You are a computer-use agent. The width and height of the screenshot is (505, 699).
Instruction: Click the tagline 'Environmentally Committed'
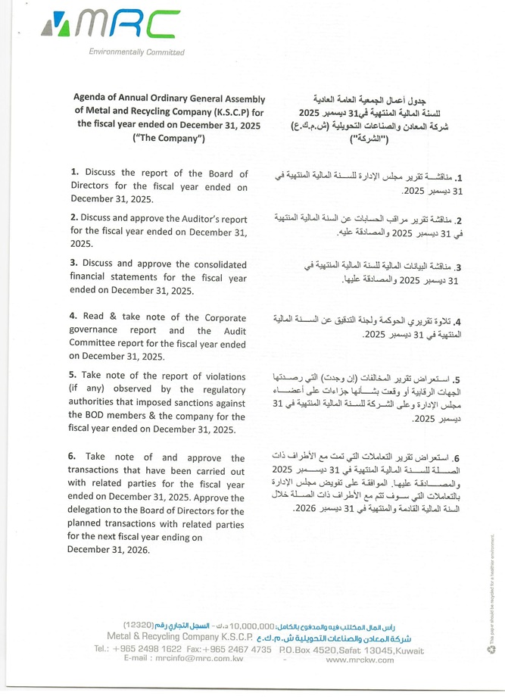(x=136, y=52)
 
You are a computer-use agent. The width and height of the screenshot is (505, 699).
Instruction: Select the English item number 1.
(x=74, y=173)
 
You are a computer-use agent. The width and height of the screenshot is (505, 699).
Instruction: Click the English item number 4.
(x=74, y=316)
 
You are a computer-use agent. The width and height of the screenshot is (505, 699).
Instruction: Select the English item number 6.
(x=74, y=457)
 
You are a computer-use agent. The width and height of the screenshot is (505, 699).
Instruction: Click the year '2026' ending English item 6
(x=136, y=551)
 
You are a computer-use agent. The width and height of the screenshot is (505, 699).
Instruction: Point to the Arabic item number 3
(x=459, y=268)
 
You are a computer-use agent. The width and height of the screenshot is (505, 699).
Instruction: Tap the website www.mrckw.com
(x=359, y=660)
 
